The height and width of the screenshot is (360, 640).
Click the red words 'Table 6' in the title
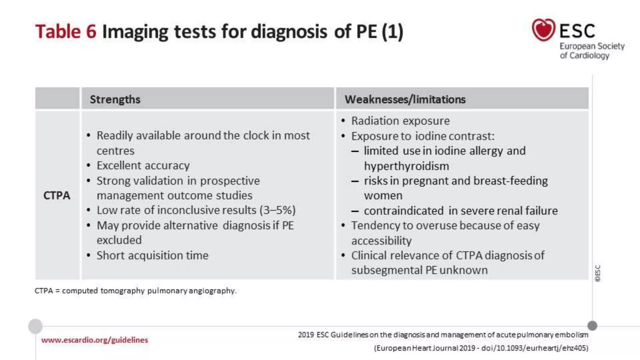66,32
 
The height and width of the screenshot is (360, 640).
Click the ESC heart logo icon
543,30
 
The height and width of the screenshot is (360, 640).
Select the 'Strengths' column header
115,99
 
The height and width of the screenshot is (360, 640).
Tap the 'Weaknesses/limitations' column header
405,99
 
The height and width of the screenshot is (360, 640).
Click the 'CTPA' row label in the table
57,196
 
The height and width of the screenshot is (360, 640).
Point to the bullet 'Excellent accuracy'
143,166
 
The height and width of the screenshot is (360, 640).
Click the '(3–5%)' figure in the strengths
277,210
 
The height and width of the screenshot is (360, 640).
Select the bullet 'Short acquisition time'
152,256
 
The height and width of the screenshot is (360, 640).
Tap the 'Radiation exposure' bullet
400,121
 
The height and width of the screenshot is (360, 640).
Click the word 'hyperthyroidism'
406,166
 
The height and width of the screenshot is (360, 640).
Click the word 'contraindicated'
403,211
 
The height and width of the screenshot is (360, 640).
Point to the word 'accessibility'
381,241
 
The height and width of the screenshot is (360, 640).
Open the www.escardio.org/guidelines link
94,340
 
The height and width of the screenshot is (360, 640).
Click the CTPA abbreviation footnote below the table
135,291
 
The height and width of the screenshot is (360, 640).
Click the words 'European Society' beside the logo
592,46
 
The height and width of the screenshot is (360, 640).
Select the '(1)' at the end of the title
392,32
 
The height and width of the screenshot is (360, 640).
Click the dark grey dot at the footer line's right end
592,326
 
